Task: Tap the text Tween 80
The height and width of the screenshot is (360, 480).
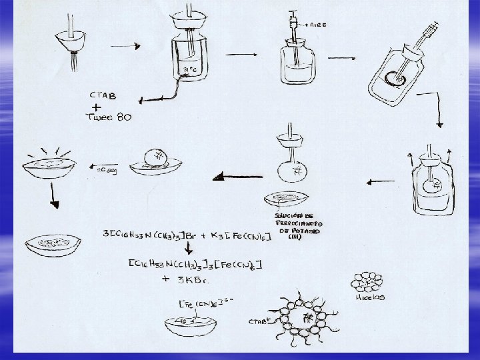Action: [x=109, y=117]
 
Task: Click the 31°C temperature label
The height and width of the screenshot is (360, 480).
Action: [x=188, y=69]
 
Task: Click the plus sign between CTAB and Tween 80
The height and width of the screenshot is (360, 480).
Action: [x=97, y=106]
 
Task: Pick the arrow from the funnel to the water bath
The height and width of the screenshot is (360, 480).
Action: [x=125, y=46]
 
